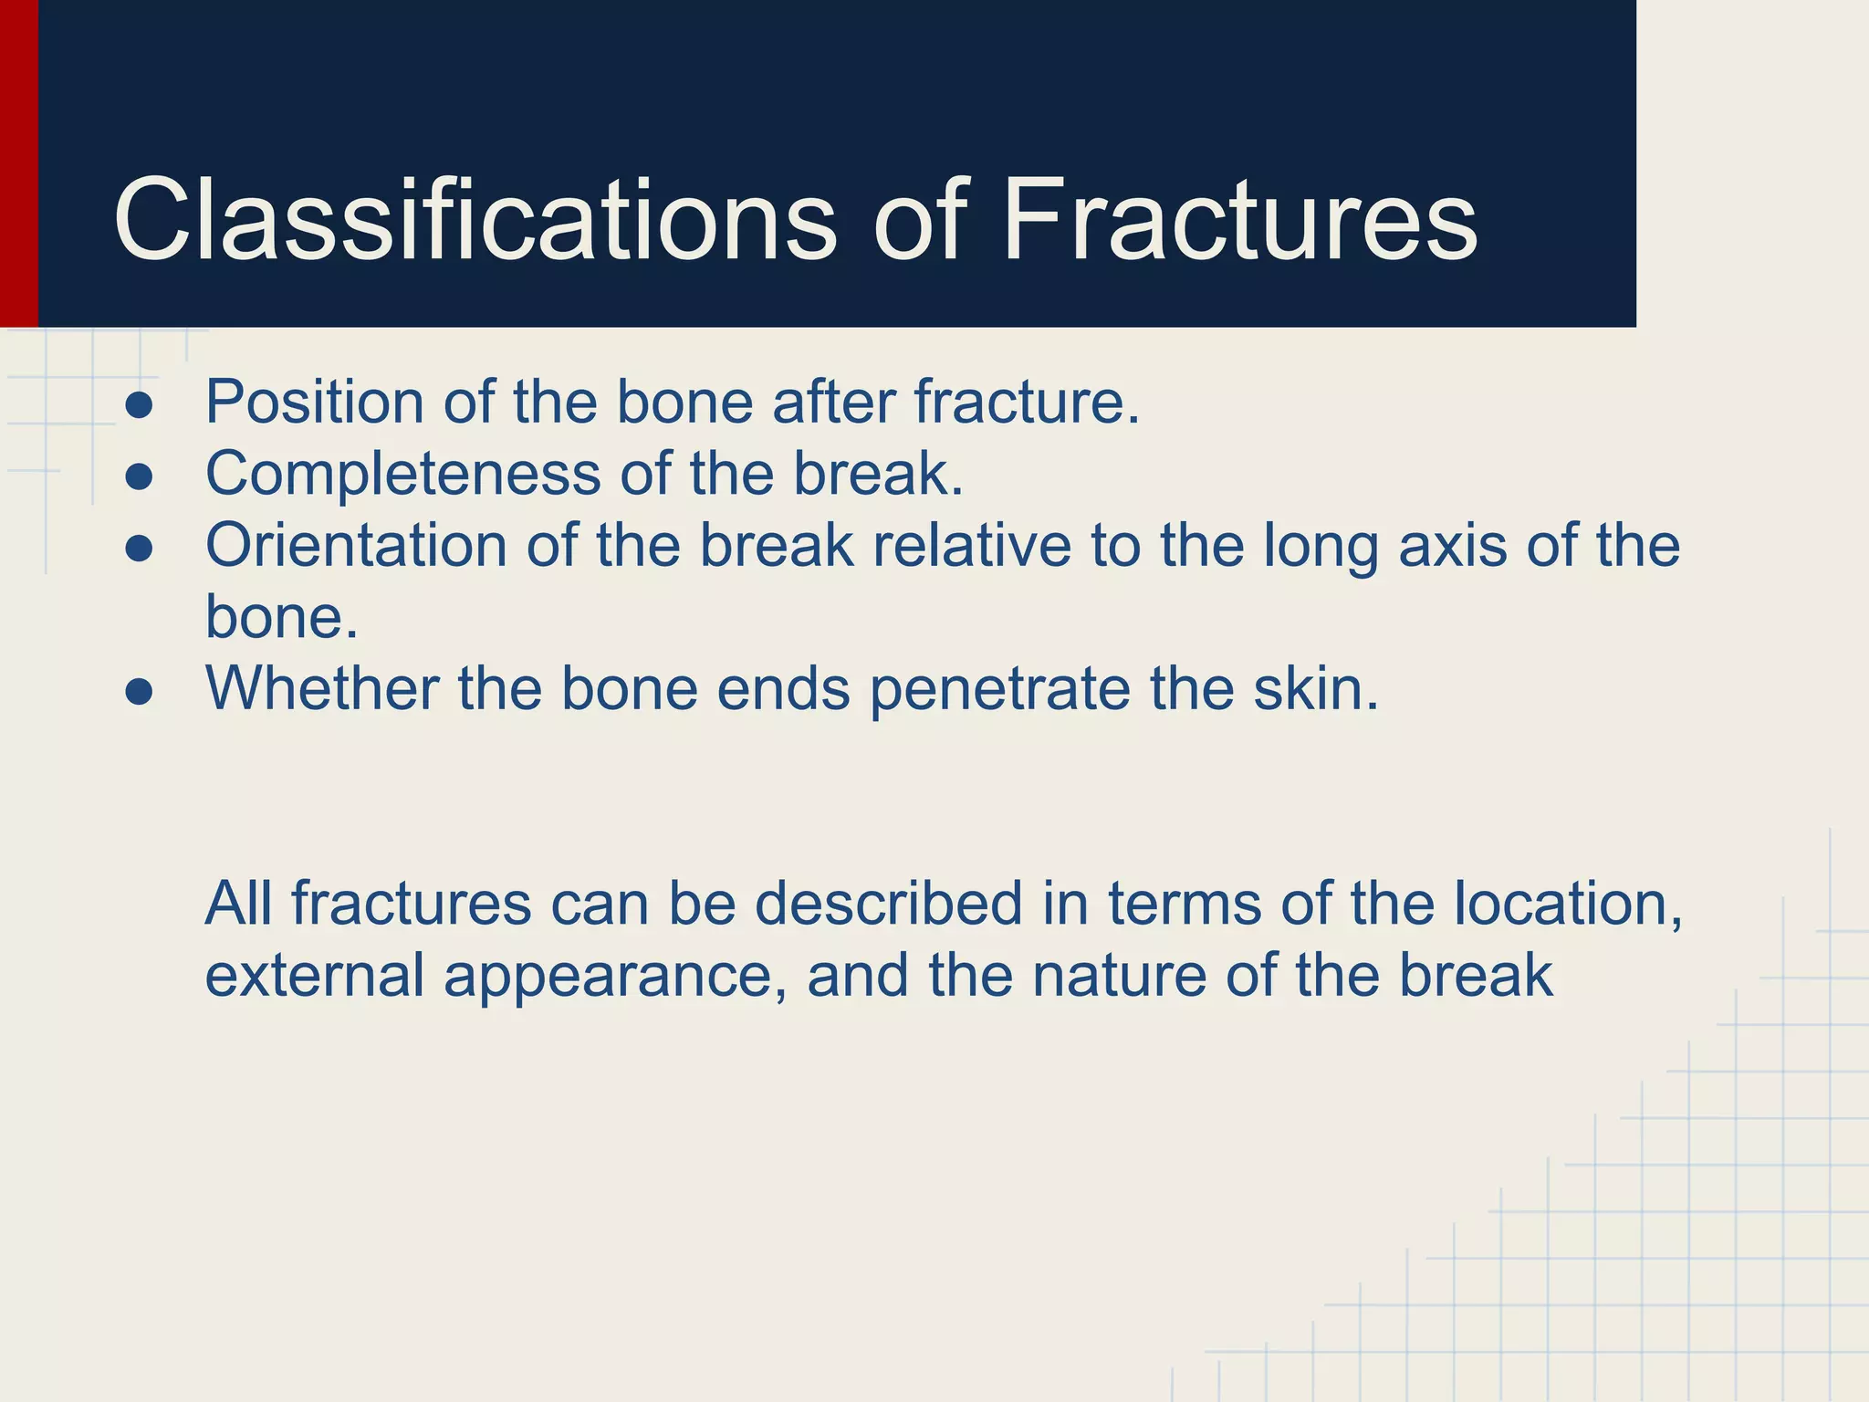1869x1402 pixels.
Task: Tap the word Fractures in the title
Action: pos(1238,221)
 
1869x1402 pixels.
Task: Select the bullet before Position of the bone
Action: pos(139,405)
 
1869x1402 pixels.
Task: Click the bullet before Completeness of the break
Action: pos(139,476)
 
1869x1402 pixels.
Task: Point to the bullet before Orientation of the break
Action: pos(139,549)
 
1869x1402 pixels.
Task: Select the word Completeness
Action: pos(402,474)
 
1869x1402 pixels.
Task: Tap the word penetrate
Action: pos(999,689)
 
